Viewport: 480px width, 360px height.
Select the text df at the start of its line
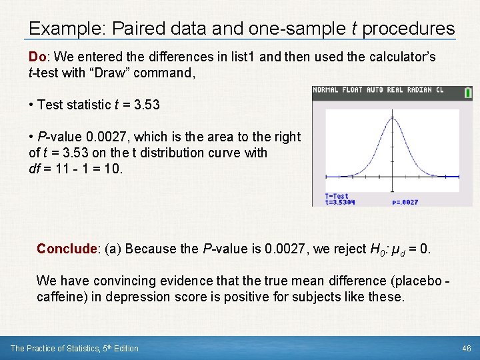coord(35,169)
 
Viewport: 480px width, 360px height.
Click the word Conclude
coord(67,249)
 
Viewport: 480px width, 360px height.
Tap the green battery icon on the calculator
coord(467,93)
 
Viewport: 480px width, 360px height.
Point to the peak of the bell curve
coord(392,118)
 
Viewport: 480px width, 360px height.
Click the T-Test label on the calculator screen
coord(337,196)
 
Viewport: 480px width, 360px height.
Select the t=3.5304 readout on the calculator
coord(341,202)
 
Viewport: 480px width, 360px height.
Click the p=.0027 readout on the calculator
coord(405,202)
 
